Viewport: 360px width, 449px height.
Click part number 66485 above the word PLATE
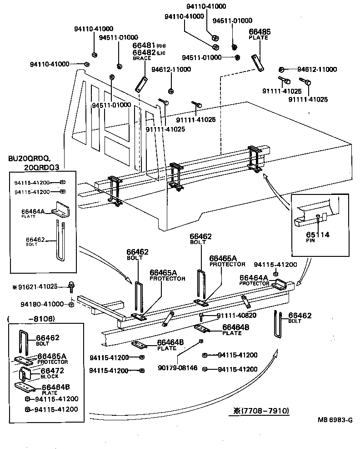pos(259,31)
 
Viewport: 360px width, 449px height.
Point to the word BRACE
pos(141,58)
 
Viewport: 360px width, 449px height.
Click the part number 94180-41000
pos(42,304)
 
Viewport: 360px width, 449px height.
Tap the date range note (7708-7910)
pos(261,411)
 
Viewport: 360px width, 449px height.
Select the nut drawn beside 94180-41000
pos(71,304)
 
